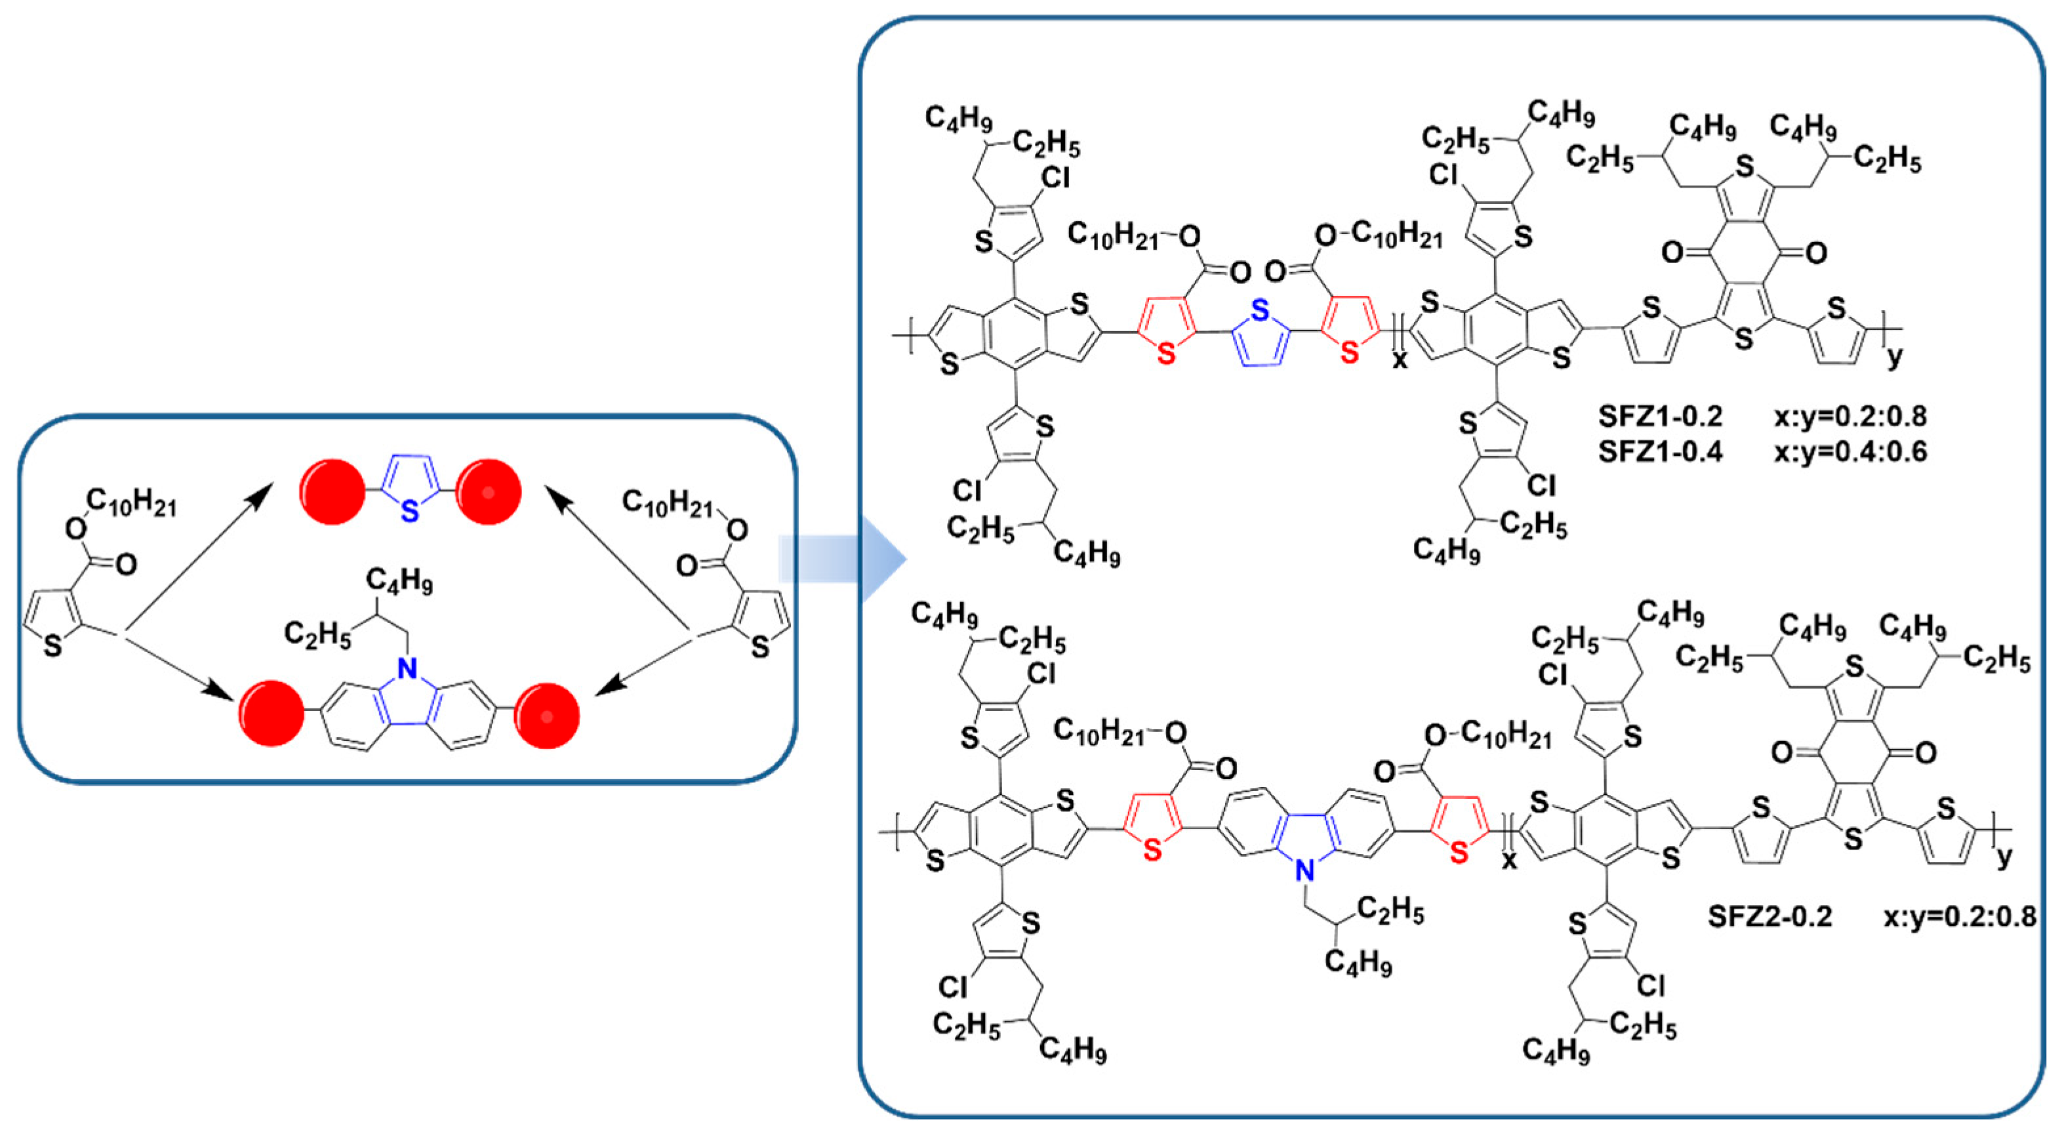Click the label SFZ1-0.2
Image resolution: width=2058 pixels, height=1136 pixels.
pos(1660,416)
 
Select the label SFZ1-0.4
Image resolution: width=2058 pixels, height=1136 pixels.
pos(1660,451)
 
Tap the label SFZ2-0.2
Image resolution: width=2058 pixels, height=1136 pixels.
pos(1769,916)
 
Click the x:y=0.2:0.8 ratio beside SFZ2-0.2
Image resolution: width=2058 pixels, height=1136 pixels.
pos(1960,916)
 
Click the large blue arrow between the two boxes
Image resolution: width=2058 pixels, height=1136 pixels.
pos(843,558)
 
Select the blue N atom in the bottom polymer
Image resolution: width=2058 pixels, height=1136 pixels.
pos(1304,870)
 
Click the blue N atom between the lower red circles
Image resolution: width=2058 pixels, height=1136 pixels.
pos(408,668)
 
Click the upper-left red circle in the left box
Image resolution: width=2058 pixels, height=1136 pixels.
pos(333,491)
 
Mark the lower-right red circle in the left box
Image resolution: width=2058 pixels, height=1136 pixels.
pos(546,715)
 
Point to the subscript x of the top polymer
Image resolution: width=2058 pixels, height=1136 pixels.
pos(1400,360)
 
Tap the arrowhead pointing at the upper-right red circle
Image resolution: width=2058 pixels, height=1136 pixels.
pos(557,499)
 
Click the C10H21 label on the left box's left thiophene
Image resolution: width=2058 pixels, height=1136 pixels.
pos(132,502)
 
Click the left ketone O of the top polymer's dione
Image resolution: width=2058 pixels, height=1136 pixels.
pos(1674,253)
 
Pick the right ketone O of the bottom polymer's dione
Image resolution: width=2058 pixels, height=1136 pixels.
pos(1926,752)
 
